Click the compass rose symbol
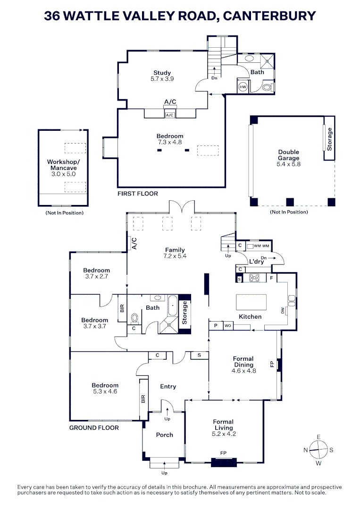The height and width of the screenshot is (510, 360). [x=318, y=450]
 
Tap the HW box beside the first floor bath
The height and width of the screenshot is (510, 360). [x=243, y=87]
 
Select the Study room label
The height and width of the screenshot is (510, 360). [x=162, y=73]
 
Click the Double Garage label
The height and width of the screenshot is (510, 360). [x=288, y=155]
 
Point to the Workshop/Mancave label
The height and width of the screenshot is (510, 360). [x=64, y=165]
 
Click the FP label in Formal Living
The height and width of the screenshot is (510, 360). [x=223, y=453]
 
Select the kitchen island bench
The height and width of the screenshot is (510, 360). [x=251, y=302]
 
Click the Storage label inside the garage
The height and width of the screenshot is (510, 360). [x=329, y=139]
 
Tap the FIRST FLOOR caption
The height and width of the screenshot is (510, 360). [x=138, y=194]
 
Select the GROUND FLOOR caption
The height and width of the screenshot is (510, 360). [x=94, y=427]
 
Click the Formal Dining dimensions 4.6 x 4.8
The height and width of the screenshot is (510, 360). [x=243, y=371]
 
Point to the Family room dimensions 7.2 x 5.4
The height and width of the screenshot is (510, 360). [x=175, y=256]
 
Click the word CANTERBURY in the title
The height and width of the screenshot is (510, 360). [x=269, y=16]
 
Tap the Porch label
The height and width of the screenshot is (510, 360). [x=165, y=434]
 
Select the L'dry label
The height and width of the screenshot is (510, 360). [x=257, y=262]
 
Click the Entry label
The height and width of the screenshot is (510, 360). [x=168, y=386]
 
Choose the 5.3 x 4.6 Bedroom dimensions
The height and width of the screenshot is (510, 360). [x=105, y=391]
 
